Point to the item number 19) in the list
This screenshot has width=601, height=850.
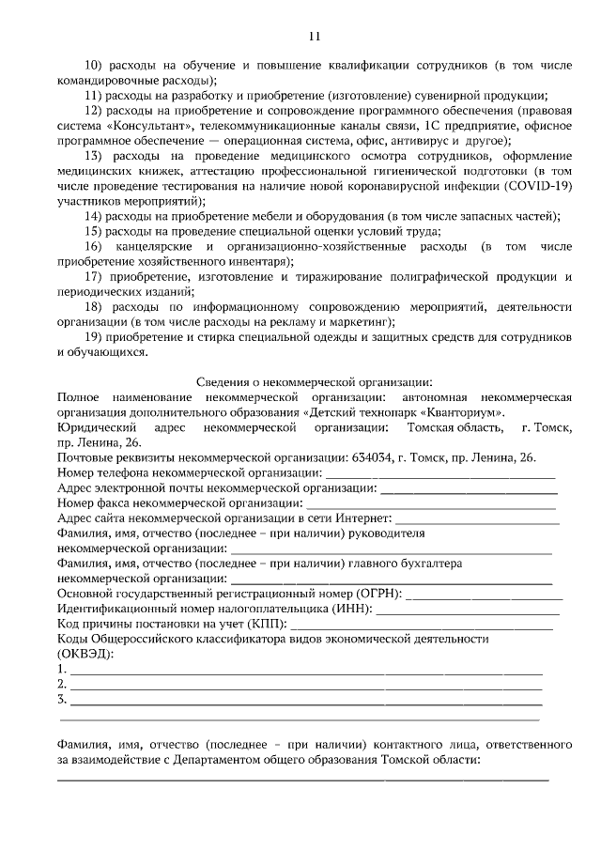click(93, 337)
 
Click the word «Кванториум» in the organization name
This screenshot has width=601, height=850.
click(463, 411)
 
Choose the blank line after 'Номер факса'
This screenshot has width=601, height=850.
click(413, 503)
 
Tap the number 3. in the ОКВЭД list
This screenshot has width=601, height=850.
click(62, 699)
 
